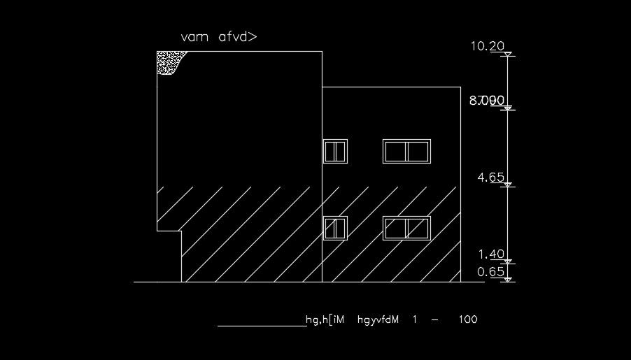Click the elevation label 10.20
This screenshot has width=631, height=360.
488,46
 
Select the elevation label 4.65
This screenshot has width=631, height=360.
490,178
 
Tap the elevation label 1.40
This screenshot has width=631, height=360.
491,254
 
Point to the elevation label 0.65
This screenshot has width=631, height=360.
491,272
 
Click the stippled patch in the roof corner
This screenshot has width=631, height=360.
169,62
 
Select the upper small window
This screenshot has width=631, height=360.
335,151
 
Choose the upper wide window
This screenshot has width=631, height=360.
406,151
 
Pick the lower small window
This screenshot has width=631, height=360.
335,228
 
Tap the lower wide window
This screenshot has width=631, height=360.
406,228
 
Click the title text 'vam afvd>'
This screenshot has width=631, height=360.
219,37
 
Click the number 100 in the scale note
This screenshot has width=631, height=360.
468,319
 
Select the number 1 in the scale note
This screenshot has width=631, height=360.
414,319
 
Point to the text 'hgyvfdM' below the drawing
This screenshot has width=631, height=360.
378,319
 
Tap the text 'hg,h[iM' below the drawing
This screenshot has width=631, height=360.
326,320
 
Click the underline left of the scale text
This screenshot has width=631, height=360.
261,326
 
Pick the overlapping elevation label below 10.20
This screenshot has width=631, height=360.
487,101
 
